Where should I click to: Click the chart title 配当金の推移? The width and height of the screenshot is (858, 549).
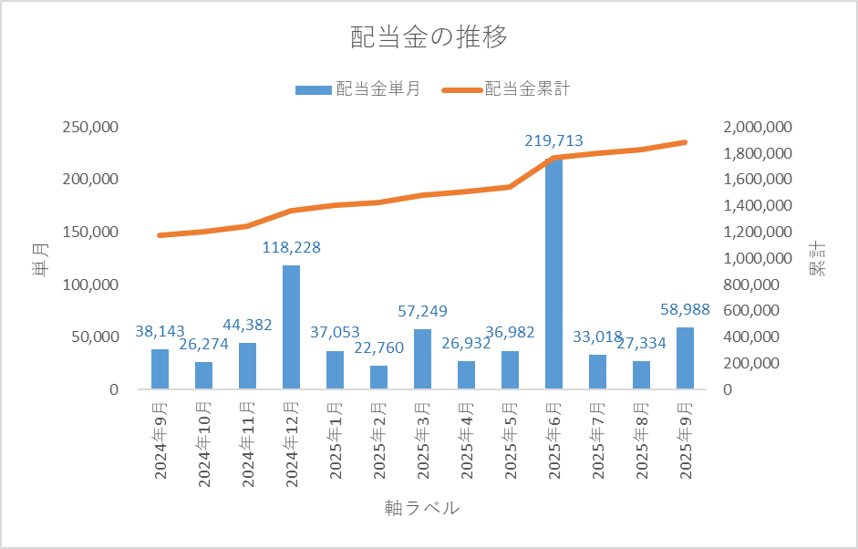[429, 37]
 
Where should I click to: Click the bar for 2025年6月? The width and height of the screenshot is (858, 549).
[553, 274]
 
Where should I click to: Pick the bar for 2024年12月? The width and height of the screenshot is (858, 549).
[291, 327]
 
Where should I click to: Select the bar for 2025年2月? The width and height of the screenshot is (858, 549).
[378, 378]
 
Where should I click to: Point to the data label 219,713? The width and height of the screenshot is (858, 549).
[553, 141]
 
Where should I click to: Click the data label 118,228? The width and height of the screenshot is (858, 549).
[291, 248]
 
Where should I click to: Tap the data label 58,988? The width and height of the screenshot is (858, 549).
[684, 310]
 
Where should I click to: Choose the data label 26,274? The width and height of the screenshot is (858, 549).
[203, 345]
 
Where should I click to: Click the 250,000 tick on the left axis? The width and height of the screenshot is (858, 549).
[90, 127]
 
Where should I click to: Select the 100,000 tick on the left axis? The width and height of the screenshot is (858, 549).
[90, 285]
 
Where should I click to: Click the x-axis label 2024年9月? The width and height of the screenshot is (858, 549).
[160, 439]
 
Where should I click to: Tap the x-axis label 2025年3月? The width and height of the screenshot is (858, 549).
[423, 439]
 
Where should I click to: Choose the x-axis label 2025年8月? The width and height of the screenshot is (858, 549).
[642, 439]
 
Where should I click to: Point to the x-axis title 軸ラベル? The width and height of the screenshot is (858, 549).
[422, 508]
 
